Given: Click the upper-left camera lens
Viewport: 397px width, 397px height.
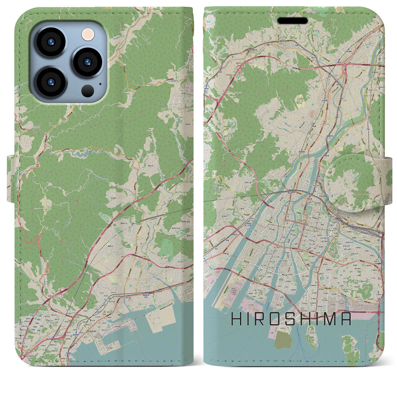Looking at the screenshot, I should (x=50, y=42).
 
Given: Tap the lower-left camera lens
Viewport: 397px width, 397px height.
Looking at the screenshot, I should (x=50, y=83).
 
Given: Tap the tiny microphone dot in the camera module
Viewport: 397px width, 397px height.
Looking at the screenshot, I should (x=100, y=83).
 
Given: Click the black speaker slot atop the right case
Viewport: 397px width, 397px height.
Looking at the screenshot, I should (x=292, y=21).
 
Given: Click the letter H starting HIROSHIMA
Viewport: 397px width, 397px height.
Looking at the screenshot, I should (x=237, y=319).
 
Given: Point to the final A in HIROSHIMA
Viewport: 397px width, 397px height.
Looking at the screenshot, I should (x=346, y=319).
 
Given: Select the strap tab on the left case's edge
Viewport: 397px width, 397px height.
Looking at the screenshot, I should (x=11, y=179).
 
